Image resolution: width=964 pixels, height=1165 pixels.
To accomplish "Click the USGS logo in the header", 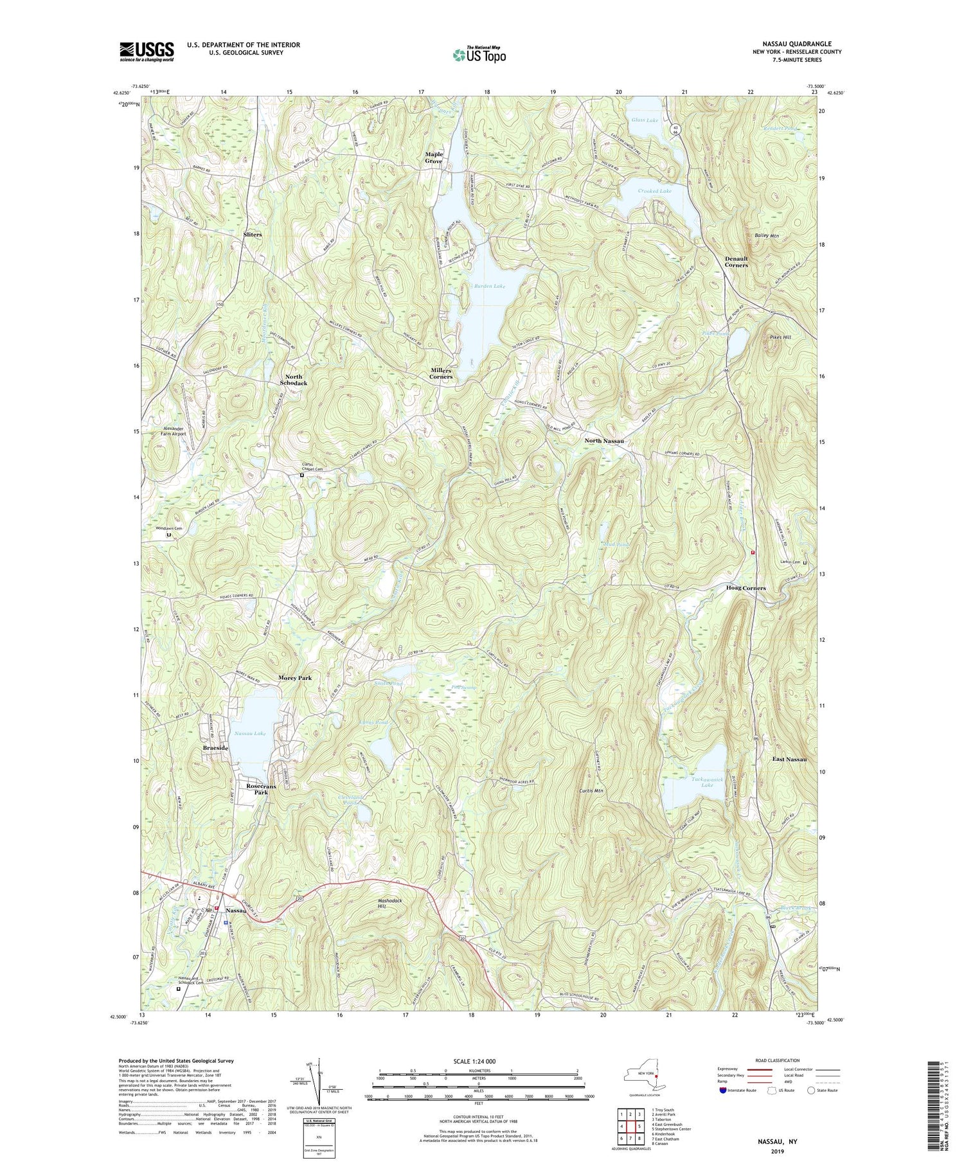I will pos(147,51).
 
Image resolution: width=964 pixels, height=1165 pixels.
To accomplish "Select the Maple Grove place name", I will pos(434,157).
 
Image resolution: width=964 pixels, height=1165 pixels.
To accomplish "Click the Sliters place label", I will pos(253,235).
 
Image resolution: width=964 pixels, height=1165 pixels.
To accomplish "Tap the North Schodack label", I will pos(293,380).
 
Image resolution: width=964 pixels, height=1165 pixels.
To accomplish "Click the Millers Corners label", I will pos(442,373).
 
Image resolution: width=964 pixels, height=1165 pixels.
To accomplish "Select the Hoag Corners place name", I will pos(745,588).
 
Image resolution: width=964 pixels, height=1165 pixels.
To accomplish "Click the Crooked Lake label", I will pos(655,191).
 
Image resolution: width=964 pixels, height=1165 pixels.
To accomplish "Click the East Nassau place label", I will pos(789,760).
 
